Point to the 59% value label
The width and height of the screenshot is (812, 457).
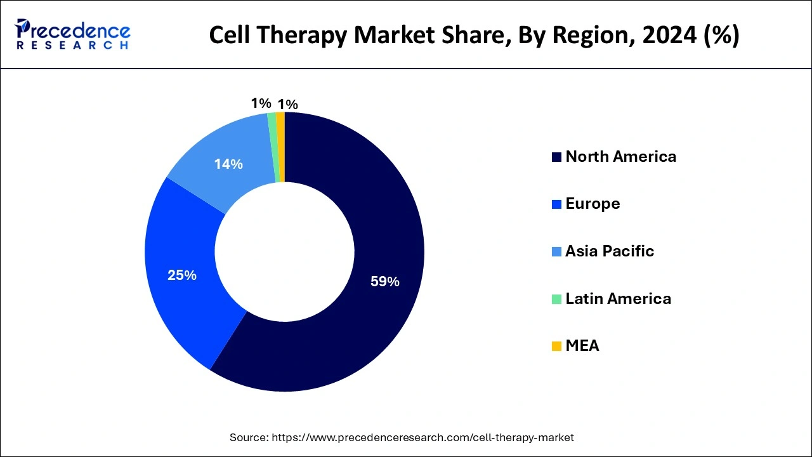(385, 281)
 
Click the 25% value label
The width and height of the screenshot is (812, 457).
(182, 275)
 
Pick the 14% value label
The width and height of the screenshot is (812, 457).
(228, 164)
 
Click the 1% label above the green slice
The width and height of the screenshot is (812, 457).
(261, 103)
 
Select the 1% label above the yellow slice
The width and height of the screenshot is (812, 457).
(288, 105)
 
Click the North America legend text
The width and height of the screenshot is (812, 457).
(620, 157)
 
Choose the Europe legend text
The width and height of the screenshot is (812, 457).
(593, 204)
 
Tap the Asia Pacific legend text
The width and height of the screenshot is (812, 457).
(610, 251)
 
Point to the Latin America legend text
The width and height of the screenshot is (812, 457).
(618, 298)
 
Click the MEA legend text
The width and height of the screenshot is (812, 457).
(582, 346)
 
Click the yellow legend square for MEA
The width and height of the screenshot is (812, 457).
(556, 347)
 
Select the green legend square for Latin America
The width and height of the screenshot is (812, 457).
(556, 299)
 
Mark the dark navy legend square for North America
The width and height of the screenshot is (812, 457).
(556, 157)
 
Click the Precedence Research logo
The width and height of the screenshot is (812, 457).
(73, 34)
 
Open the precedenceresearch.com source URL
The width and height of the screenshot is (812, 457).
(422, 437)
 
